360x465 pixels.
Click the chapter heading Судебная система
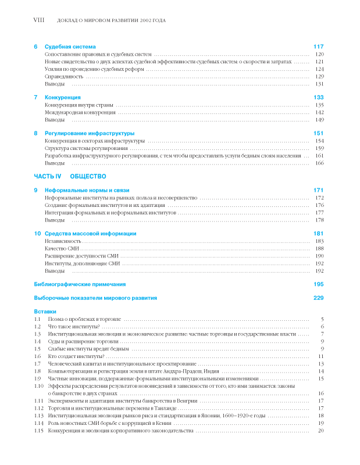point(70,46)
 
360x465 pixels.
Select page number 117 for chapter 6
point(318,46)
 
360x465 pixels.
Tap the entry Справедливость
point(63,76)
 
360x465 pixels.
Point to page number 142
point(319,112)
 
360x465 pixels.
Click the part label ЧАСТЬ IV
point(48,175)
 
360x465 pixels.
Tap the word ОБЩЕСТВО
point(87,175)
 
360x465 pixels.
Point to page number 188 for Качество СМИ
point(319,248)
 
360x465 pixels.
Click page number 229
point(318,298)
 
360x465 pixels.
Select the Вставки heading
point(45,312)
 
